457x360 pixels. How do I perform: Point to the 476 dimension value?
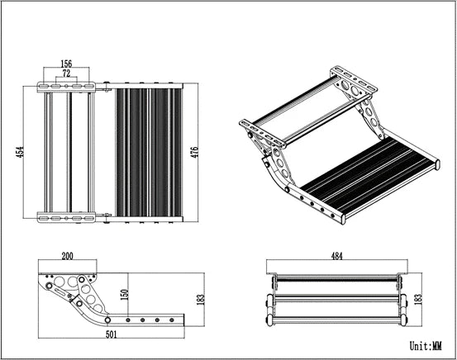click(196, 153)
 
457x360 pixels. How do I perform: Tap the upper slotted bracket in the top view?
click(68, 87)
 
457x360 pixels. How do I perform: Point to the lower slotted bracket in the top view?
click(68, 217)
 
